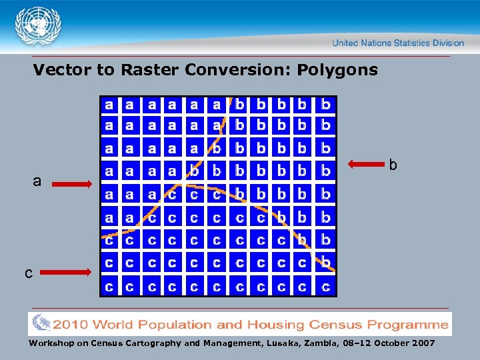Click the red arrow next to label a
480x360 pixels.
[72, 185]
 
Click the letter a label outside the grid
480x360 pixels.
[37, 181]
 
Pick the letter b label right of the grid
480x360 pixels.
[393, 164]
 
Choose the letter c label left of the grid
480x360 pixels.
[29, 273]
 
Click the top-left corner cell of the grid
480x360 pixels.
[109, 105]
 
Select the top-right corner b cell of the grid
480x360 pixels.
[325, 105]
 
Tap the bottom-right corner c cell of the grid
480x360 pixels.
[325, 287]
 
